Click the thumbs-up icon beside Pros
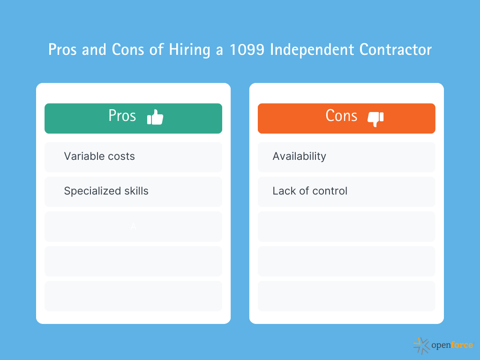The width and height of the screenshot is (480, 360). [x=155, y=117]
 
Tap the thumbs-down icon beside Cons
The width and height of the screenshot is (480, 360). [x=375, y=119]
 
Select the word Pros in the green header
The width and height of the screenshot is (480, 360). [x=122, y=116]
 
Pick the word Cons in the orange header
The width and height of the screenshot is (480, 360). [x=341, y=116]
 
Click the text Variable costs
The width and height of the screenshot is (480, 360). [x=99, y=157]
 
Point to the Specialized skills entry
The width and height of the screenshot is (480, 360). [x=106, y=191]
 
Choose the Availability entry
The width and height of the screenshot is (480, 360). [x=299, y=157]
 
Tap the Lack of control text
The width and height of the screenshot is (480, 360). [x=310, y=191]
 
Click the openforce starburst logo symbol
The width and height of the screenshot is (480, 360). [x=421, y=345]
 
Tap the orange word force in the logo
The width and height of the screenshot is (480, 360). [x=462, y=345]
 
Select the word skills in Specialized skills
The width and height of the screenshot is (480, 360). [x=136, y=191]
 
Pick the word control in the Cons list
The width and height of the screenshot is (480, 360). [x=330, y=191]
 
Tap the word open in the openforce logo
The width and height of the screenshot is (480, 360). [x=441, y=346]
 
